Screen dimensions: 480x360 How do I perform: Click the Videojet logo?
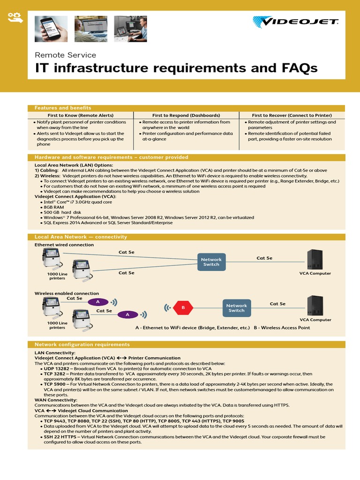pos(295,22)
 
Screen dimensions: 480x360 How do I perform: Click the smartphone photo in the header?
pos(51,29)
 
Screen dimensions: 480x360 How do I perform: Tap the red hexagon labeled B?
pos(183,308)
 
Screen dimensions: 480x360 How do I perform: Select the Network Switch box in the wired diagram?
pos(211,262)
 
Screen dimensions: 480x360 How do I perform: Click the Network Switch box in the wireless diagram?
pos(236,308)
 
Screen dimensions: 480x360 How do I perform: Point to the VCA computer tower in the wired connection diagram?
pos(315,259)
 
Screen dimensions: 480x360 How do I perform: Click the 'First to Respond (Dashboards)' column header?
pos(186,115)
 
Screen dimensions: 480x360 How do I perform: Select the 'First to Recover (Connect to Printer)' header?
pos(292,115)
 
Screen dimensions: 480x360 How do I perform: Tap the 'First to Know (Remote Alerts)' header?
pos(81,115)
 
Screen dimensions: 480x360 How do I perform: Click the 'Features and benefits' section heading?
pos(63,108)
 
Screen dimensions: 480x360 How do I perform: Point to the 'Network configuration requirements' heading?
pos(82,345)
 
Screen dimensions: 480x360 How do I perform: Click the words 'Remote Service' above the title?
pos(66,55)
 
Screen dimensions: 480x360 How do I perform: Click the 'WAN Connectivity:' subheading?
pos(56,400)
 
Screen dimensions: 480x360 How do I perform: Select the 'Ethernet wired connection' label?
pos(64,245)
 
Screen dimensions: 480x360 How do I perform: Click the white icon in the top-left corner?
pos(14,18)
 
